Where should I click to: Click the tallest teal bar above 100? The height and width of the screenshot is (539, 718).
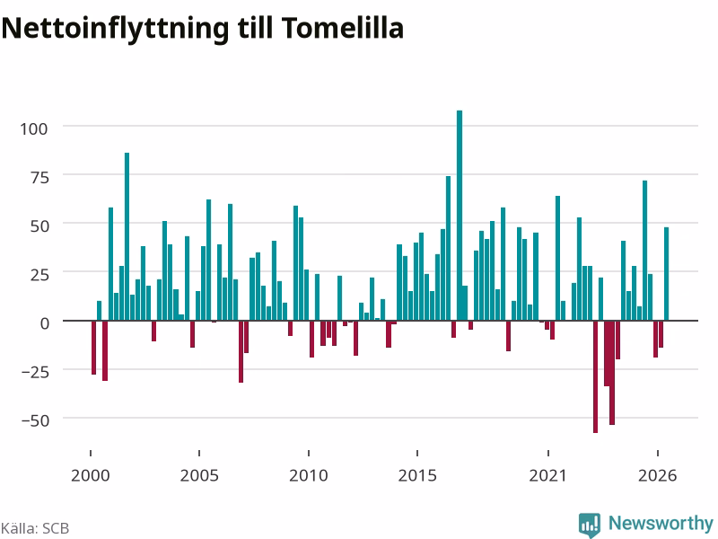pos(460,215)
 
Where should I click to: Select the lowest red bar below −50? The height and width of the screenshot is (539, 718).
pos(595,376)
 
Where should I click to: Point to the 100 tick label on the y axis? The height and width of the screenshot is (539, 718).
pos(33,128)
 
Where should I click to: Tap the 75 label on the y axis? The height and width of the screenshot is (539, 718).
pos(39,177)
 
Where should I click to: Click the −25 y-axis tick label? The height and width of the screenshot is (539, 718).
pos(35,372)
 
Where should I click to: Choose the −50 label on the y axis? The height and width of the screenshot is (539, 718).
pos(35,420)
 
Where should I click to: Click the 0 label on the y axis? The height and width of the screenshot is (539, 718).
pos(44,323)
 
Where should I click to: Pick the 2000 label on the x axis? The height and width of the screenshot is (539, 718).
pos(91,475)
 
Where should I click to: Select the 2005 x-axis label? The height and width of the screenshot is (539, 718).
pos(199,475)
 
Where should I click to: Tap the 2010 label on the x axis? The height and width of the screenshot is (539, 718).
pos(309,475)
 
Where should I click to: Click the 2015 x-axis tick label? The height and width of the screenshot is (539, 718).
pos(417,475)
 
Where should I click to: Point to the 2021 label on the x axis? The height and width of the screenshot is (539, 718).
pos(548,475)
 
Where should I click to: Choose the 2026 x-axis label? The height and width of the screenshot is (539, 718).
pos(658,475)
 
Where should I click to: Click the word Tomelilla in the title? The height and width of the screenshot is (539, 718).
pos(343,28)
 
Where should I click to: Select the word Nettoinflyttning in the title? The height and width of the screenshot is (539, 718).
pos(115,30)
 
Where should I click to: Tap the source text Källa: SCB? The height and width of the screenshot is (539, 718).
pos(35,528)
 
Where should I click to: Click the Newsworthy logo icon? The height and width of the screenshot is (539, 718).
pos(590,525)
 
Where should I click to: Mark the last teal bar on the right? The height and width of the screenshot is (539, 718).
pos(666,274)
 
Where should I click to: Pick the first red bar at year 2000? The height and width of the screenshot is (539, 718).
pos(94,348)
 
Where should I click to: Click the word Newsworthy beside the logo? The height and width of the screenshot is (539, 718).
pos(661,523)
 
